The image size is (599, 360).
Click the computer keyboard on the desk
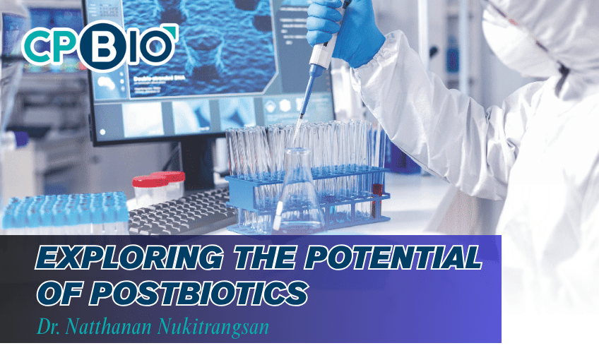180,212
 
